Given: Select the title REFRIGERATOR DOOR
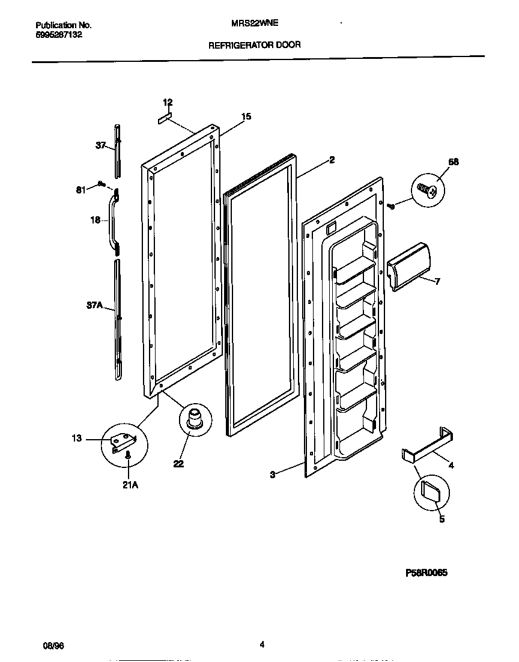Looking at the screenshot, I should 255,44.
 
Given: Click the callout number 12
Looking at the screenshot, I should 168,102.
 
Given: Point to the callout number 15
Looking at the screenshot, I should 246,117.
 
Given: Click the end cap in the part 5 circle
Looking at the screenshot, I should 431,492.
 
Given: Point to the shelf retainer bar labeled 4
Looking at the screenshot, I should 428,445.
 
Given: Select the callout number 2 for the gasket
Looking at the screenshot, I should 332,160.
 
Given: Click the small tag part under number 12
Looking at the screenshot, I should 165,118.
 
